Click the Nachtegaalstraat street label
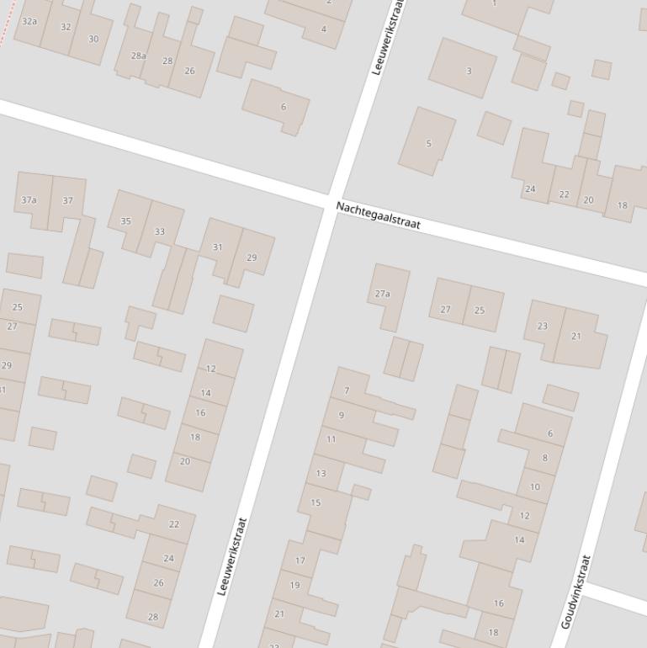378,216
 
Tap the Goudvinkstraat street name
576,592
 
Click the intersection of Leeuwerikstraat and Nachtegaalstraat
327,203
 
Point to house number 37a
30,200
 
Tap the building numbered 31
218,247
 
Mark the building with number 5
427,143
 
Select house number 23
543,327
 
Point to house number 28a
138,56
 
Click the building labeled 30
93,39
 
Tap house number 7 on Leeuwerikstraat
347,390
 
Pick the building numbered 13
321,473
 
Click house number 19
294,585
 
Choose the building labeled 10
535,486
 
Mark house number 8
544,458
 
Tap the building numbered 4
323,29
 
